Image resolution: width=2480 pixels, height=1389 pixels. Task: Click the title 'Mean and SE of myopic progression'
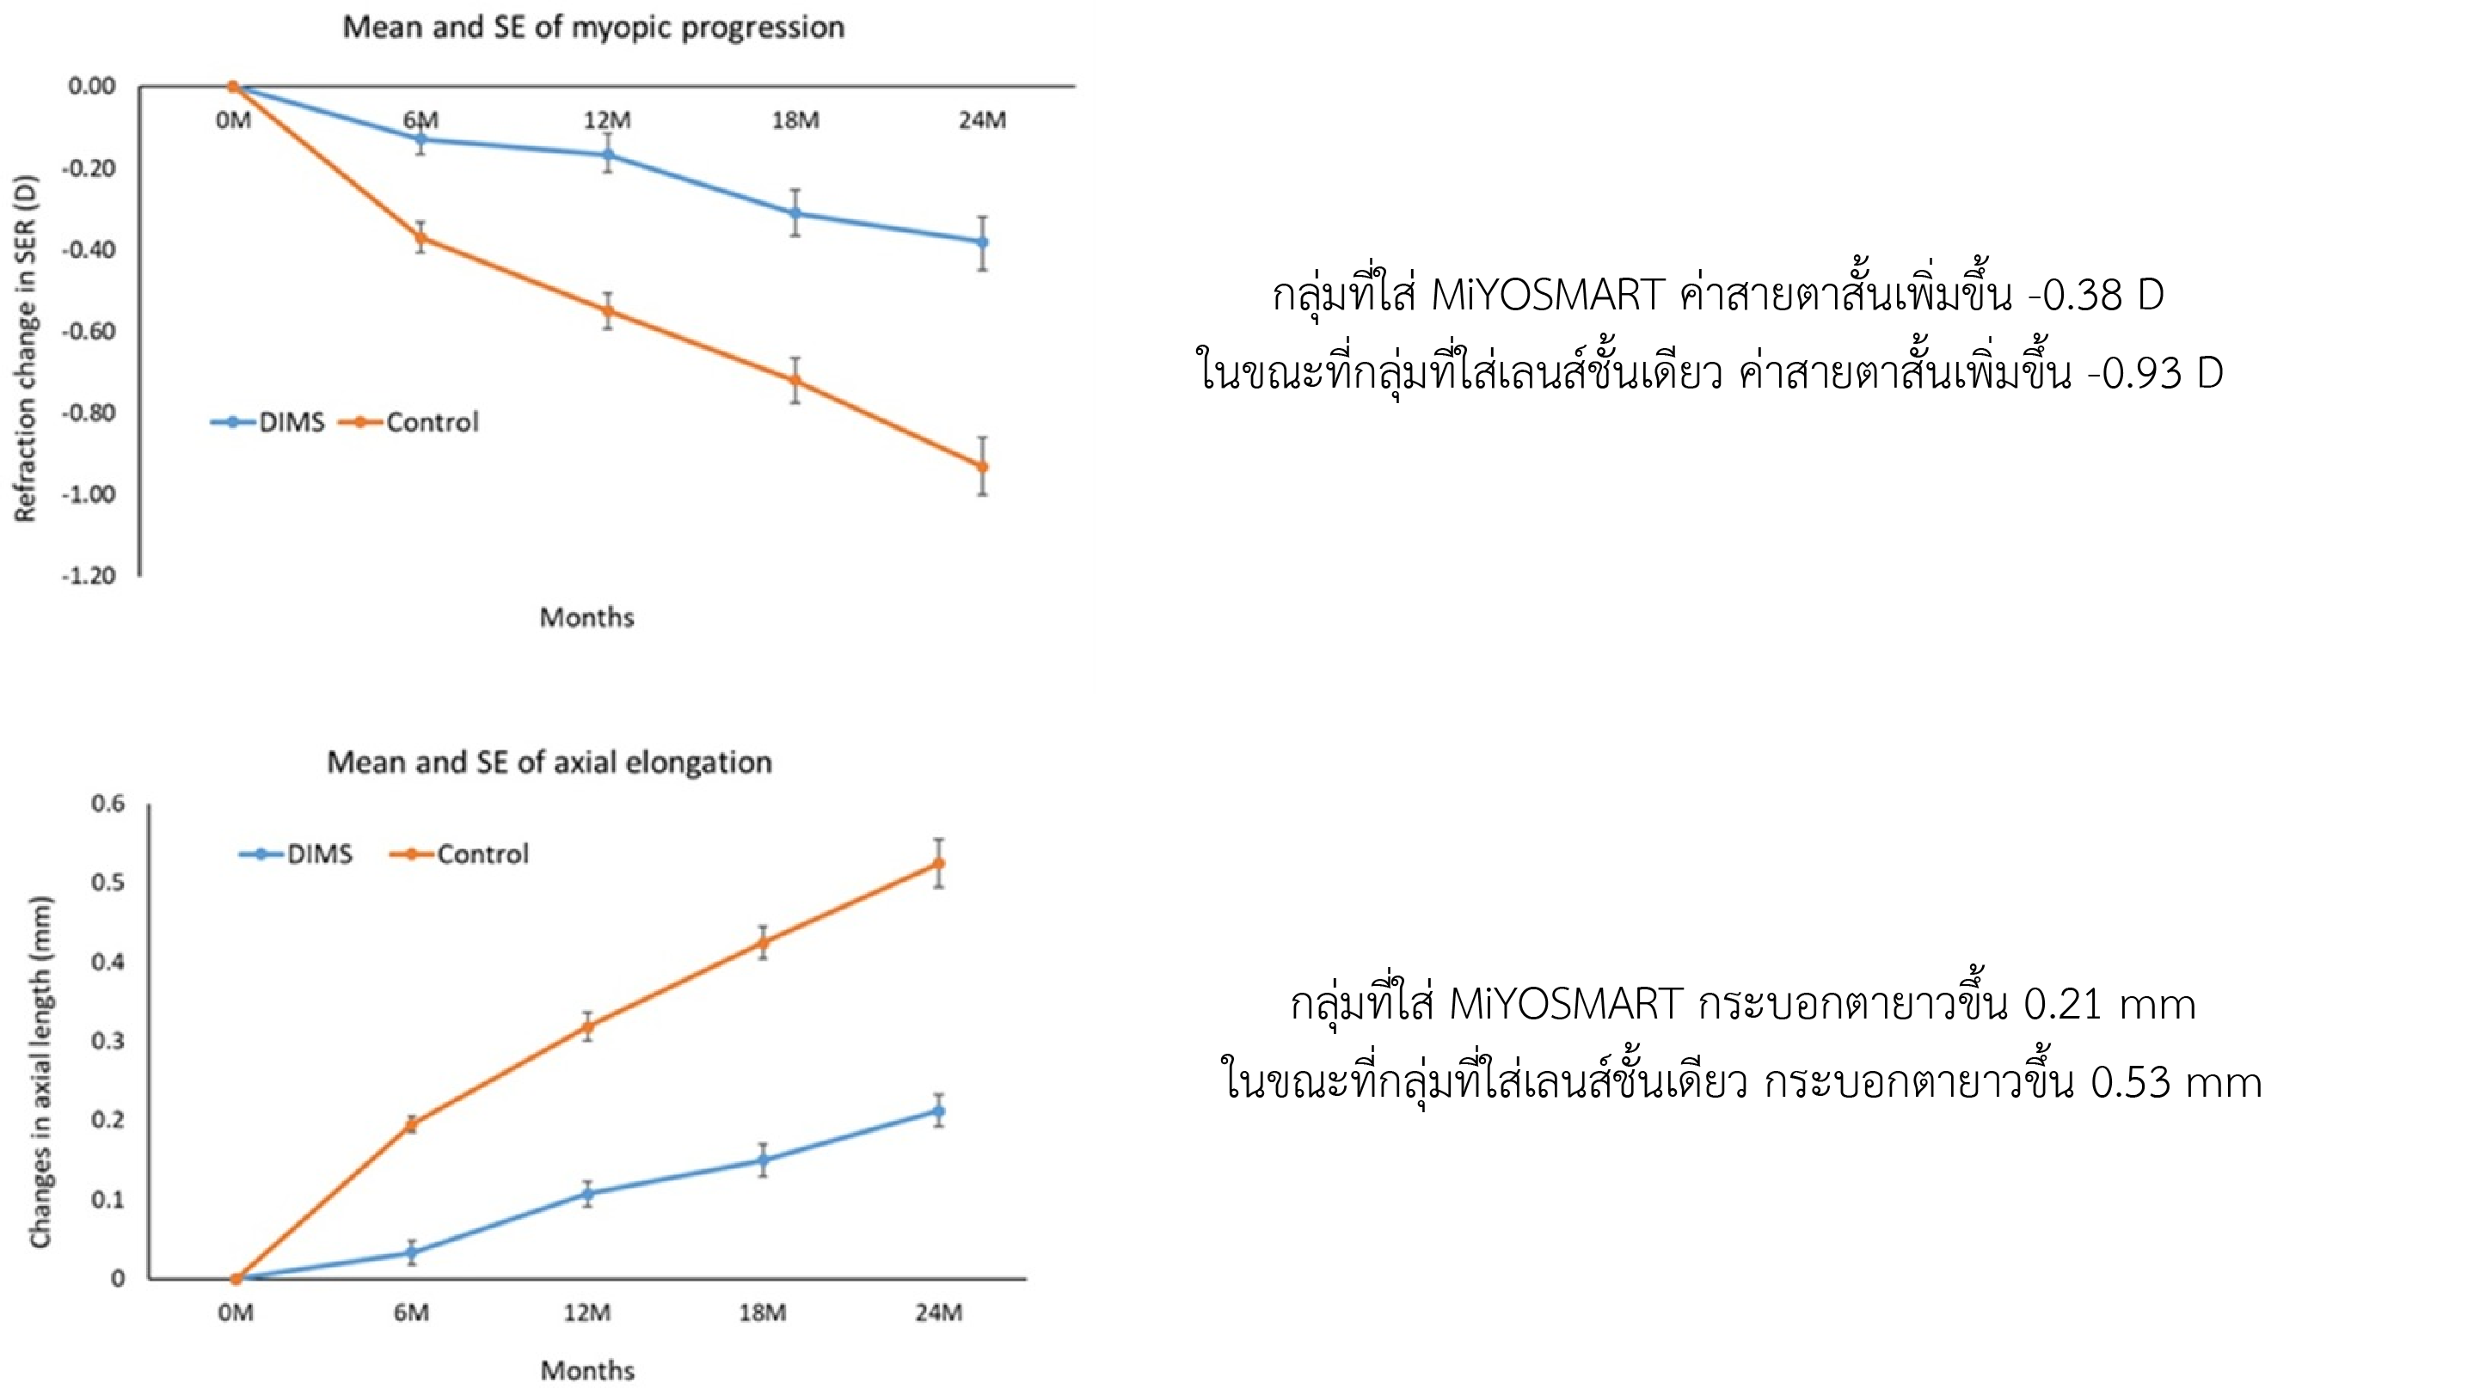click(x=593, y=27)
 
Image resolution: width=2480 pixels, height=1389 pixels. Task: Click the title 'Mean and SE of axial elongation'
click(x=549, y=762)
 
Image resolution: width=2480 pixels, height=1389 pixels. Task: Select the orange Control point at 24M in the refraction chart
click(x=982, y=467)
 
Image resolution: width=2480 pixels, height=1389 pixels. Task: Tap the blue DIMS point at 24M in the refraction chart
click(x=982, y=242)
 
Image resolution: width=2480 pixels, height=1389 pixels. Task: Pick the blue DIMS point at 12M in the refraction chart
click(x=607, y=155)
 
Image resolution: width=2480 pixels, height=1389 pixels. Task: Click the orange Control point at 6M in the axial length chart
click(x=411, y=1124)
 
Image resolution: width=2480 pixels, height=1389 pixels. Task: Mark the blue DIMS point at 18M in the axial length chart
click(x=763, y=1160)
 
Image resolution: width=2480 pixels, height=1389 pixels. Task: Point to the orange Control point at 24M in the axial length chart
click(x=939, y=864)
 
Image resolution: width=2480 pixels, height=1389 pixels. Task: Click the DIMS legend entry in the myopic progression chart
click(x=269, y=422)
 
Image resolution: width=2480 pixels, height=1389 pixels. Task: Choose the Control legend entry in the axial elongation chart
click(x=461, y=854)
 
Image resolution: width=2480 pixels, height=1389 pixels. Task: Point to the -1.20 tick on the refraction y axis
click(x=89, y=576)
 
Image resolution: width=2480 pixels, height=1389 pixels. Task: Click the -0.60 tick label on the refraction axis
click(x=89, y=331)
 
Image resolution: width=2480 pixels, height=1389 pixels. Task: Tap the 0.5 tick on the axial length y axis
click(x=107, y=882)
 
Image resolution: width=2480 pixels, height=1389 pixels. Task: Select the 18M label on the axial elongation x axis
click(x=763, y=1312)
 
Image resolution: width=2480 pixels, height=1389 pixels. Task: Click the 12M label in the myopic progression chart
click(x=606, y=120)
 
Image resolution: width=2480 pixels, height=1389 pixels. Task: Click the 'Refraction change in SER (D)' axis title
click(x=25, y=348)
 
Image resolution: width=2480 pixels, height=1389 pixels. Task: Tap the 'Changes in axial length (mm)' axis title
click(x=40, y=1071)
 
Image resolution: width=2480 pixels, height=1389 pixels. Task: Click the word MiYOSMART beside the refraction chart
click(x=1547, y=295)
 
